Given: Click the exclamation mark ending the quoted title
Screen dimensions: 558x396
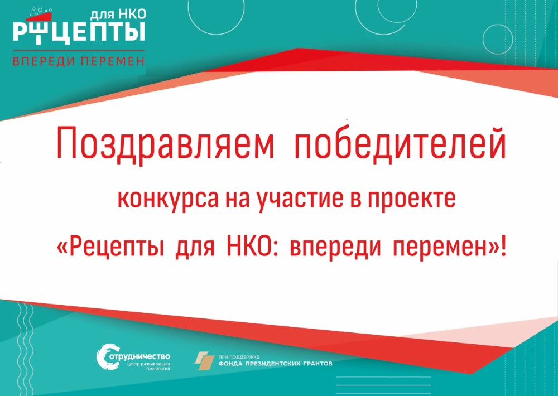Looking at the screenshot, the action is click(503, 247).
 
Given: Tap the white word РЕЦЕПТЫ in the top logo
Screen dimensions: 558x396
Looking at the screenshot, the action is click(79, 32).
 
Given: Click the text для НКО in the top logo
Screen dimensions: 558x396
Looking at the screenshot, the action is click(118, 15).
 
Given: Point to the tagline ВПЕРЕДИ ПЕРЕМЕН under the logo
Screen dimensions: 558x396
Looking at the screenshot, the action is click(79, 61).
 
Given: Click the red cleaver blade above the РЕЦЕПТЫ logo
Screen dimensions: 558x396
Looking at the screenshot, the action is click(39, 17).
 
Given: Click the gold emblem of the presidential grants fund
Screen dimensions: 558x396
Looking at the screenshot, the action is click(205, 361).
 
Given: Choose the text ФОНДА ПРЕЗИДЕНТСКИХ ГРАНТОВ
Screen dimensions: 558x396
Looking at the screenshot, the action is click(275, 364).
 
